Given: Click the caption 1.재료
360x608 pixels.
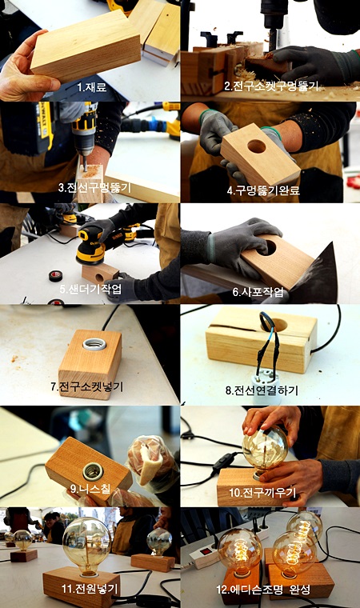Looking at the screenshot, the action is (91, 86).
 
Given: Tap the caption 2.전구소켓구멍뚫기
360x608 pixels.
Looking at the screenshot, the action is (271, 86).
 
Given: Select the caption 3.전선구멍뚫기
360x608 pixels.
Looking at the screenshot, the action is (95, 188).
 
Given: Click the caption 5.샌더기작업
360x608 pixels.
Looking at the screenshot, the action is (90, 289).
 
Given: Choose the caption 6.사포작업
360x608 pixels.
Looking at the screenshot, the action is (258, 291).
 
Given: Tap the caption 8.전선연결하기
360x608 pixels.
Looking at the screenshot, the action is (262, 390).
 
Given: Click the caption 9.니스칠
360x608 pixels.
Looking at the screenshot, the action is (90, 489).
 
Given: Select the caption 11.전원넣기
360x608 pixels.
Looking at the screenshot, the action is (90, 589).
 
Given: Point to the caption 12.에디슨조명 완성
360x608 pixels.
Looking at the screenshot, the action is (263, 590).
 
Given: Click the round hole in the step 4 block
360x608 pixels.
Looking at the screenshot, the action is (257, 146).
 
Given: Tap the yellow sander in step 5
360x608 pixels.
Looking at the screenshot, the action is (90, 246).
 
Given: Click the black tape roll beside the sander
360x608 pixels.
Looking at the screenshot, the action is (55, 276).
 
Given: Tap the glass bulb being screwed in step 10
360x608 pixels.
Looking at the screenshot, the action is (266, 449).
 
